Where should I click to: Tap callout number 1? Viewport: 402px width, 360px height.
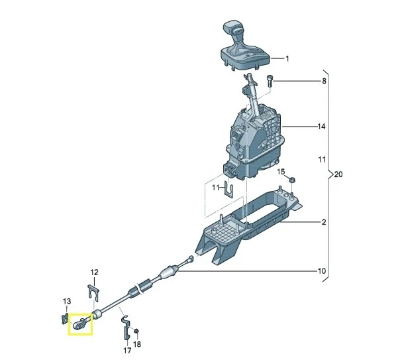pos(287,59)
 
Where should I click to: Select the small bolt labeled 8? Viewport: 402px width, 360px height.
pos(270,81)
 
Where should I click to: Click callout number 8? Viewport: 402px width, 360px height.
pos(324,82)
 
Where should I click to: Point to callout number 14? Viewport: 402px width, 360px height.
pos(322,126)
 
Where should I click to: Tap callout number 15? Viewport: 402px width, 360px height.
pos(280,172)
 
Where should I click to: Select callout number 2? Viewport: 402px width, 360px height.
pos(324,222)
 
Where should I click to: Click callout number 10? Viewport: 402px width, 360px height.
pos(323,271)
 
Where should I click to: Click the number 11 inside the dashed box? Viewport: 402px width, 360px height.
pos(215,188)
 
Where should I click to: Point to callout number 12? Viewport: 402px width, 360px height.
pos(94,272)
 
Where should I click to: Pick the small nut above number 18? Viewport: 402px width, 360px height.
pos(135,330)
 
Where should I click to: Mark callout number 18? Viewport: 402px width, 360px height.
pos(137,345)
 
